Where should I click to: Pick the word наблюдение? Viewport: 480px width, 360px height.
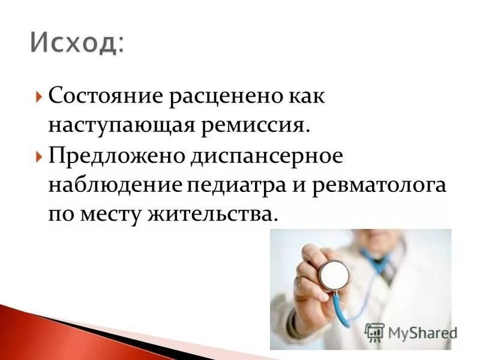[x=114, y=184]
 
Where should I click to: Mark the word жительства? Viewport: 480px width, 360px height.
[x=213, y=214]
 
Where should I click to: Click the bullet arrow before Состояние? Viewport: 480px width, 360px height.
[x=39, y=96]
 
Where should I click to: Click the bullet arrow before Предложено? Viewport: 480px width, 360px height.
[x=39, y=155]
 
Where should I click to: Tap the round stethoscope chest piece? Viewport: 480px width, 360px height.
[x=334, y=275]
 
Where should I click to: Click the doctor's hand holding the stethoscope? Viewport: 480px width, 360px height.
[x=309, y=282]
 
